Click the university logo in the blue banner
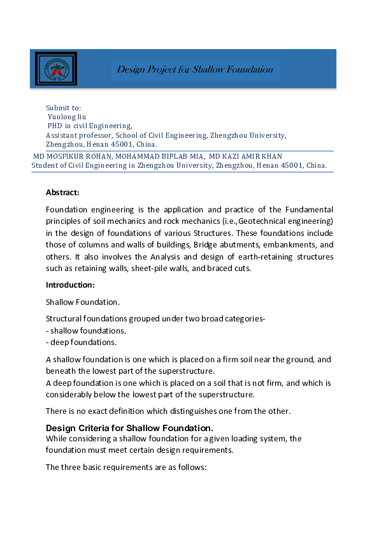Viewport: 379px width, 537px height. (57, 69)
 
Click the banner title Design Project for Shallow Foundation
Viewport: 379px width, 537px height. (195, 70)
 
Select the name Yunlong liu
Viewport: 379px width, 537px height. (68, 117)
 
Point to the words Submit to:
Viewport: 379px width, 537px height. (64, 108)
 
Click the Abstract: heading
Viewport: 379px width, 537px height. (62, 192)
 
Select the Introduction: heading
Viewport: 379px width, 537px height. (70, 284)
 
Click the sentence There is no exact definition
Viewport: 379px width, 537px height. (168, 411)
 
